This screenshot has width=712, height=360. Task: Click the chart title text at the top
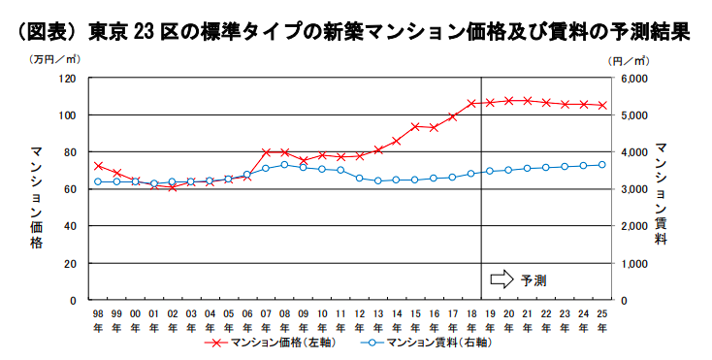tap(355, 31)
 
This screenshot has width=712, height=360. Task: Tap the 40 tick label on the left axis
tap(70, 226)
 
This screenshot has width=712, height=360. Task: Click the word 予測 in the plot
tap(534, 279)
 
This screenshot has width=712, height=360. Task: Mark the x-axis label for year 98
tap(98, 321)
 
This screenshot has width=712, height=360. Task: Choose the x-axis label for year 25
tap(602, 321)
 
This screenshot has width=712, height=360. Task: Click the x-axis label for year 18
tap(471, 321)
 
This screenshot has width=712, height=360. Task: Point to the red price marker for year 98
tap(98, 166)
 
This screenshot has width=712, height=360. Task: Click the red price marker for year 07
tap(266, 152)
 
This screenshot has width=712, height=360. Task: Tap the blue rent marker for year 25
tap(602, 164)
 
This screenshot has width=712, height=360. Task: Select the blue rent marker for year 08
tap(284, 164)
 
